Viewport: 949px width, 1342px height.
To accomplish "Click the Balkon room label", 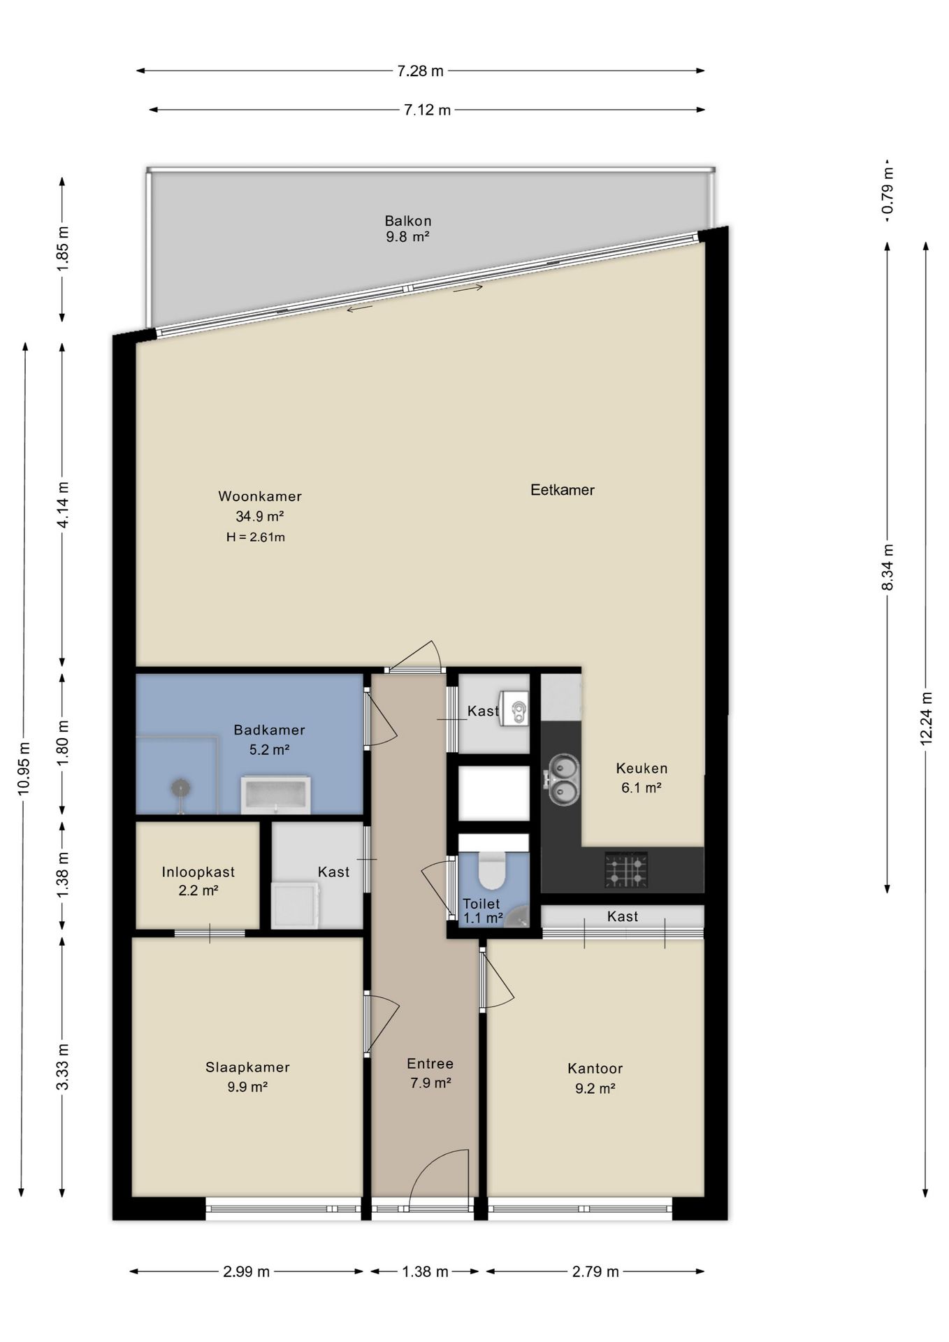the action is (408, 221).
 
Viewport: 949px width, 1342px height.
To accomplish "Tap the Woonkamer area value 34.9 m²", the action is (259, 517).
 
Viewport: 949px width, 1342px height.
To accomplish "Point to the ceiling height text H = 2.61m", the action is (256, 537).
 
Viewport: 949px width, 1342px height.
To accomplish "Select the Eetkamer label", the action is (563, 490).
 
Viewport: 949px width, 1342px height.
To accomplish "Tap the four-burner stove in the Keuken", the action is (626, 870).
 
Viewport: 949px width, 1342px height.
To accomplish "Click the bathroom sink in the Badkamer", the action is (275, 795).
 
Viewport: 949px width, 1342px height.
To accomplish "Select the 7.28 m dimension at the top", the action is (420, 71).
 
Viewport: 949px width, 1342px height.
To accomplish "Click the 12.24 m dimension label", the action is (926, 719).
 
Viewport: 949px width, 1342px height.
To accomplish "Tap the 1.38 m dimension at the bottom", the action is (425, 1271).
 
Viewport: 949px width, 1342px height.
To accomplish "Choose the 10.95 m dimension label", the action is (24, 767).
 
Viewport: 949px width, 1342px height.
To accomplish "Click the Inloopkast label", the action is (198, 872).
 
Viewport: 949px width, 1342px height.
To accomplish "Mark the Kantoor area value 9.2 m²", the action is (595, 1088).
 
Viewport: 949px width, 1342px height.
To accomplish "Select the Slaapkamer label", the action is (247, 1067).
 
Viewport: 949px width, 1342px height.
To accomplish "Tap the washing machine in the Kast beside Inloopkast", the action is (296, 904).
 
